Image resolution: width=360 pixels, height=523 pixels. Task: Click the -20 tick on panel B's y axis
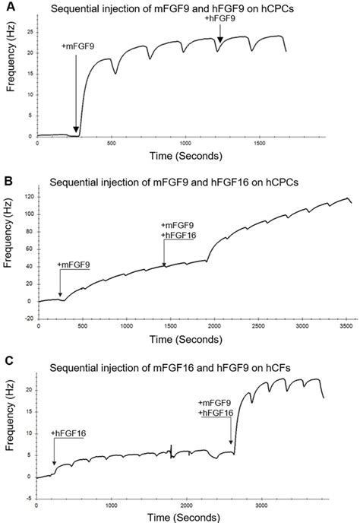pyautogui.click(x=27, y=319)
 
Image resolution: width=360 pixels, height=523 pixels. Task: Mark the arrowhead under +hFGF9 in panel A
pyautogui.click(x=219, y=40)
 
